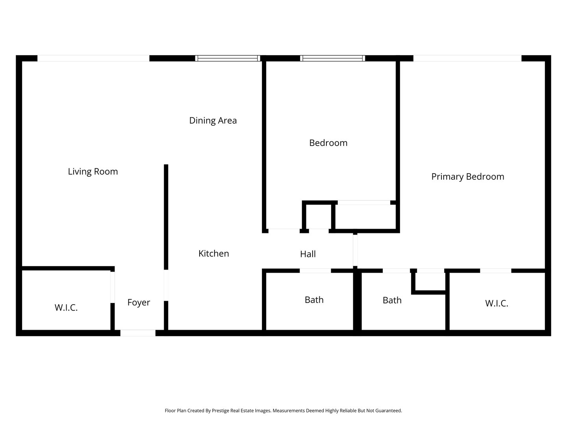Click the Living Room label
point(93,172)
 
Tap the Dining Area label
point(213,120)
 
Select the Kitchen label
point(214,253)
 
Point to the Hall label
point(308,254)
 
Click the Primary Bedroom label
point(467,177)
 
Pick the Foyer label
point(139,303)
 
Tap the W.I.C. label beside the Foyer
point(66,307)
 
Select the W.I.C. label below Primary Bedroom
point(497,303)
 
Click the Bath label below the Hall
point(314,299)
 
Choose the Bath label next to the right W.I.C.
point(392,300)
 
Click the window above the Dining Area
point(228,58)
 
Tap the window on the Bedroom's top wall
point(332,58)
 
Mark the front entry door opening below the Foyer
point(138,333)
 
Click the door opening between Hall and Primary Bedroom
point(355,250)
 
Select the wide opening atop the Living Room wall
point(93,58)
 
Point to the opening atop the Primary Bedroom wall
point(467,58)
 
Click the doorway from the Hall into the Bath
point(315,271)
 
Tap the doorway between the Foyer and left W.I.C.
point(113,287)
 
